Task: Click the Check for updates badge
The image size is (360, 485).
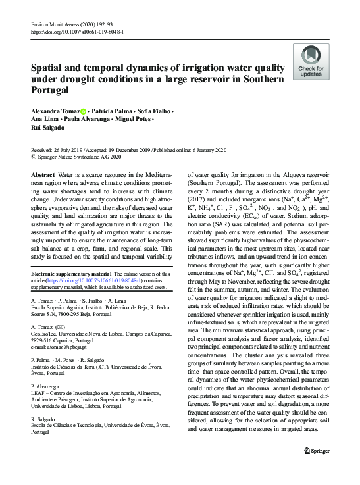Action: [x=311, y=63]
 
